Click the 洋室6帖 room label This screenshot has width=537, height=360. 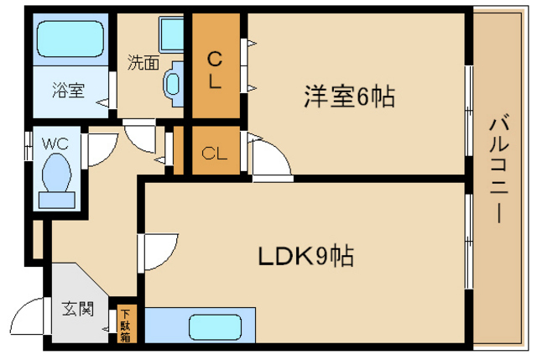349,97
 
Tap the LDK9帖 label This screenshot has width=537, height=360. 305,256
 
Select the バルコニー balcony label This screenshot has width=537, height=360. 499,170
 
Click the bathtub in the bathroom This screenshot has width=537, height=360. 70,39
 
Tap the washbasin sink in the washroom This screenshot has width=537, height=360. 174,84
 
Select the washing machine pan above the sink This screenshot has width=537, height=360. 171,34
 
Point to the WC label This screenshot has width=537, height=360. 55,143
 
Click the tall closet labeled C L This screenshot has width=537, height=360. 216,65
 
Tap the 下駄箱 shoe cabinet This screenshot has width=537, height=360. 125,325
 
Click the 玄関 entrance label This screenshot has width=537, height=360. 78,310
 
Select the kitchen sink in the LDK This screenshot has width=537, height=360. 215,327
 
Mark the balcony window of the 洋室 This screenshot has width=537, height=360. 469,111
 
